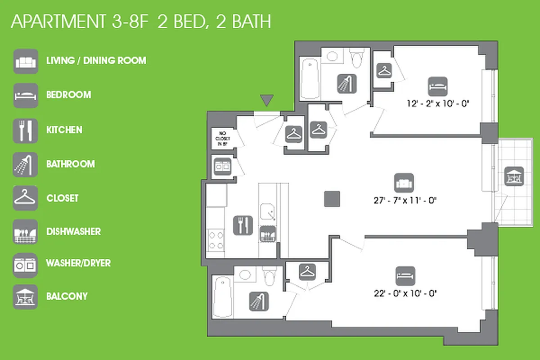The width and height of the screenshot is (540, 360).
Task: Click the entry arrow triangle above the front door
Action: tap(267, 101)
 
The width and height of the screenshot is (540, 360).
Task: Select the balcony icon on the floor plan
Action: tap(514, 175)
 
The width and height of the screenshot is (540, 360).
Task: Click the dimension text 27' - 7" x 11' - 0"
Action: tap(404, 200)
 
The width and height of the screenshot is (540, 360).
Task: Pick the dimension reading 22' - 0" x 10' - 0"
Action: tap(405, 293)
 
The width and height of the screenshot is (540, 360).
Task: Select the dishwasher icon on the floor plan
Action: tap(269, 234)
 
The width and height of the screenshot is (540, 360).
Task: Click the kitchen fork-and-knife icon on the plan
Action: tap(243, 225)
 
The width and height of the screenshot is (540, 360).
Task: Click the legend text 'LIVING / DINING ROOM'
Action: tap(96, 60)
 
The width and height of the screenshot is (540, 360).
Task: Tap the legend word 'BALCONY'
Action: tap(67, 297)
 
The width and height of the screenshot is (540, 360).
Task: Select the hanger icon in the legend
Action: tap(25, 198)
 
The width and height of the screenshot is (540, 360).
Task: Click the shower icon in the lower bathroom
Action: tap(259, 301)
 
